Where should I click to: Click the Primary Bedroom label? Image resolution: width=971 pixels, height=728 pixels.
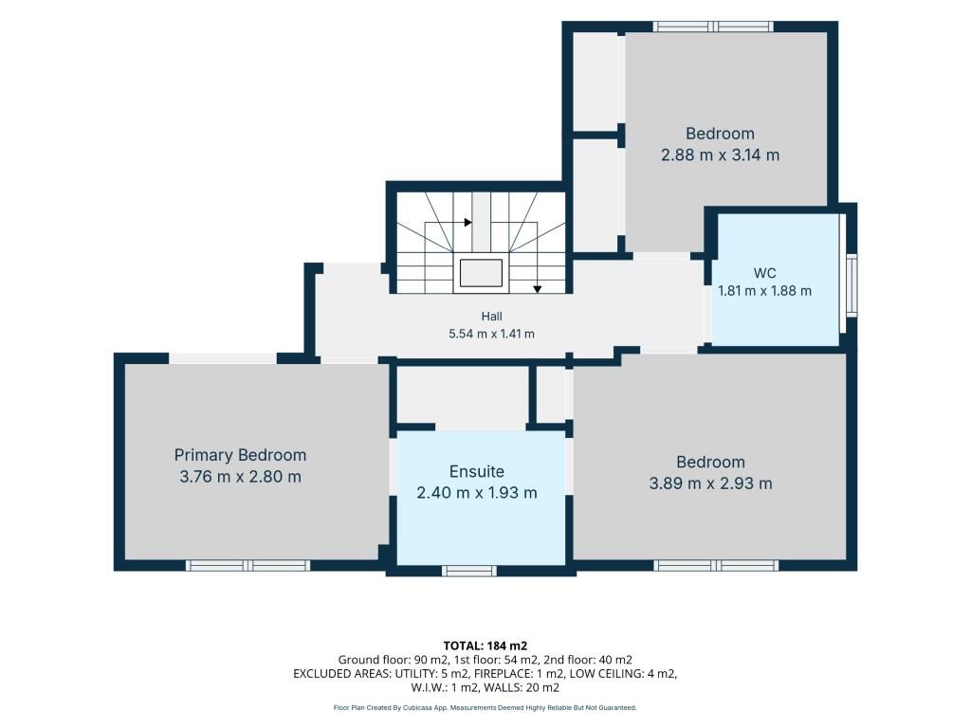pyautogui.click(x=240, y=456)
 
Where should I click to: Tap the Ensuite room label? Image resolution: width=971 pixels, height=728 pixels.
pyautogui.click(x=477, y=472)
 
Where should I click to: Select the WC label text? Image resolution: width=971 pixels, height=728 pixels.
pyautogui.click(x=765, y=273)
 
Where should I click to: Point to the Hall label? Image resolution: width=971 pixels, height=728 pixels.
pyautogui.click(x=492, y=317)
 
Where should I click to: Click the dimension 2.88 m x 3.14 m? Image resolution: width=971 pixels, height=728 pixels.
pyautogui.click(x=721, y=155)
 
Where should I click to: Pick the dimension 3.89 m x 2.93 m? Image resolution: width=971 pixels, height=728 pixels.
pyautogui.click(x=711, y=483)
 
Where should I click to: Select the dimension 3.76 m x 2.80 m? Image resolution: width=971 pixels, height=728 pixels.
pyautogui.click(x=240, y=477)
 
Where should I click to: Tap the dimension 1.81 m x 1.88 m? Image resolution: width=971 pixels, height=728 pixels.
pyautogui.click(x=765, y=291)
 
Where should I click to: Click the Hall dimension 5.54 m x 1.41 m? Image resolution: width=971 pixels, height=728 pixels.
pyautogui.click(x=492, y=335)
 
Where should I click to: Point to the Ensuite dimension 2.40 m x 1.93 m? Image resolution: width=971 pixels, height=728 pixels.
pyautogui.click(x=477, y=493)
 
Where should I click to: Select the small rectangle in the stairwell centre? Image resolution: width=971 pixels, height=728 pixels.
pyautogui.click(x=481, y=273)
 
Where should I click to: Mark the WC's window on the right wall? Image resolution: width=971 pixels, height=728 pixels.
pyautogui.click(x=852, y=285)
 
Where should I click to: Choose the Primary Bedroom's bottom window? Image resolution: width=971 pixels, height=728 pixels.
pyautogui.click(x=248, y=565)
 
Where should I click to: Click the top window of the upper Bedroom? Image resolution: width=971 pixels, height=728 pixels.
pyautogui.click(x=714, y=27)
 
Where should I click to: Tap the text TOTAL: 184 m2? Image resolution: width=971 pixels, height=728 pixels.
pyautogui.click(x=485, y=646)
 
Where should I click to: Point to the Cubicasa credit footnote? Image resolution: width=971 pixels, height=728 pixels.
pyautogui.click(x=485, y=707)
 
